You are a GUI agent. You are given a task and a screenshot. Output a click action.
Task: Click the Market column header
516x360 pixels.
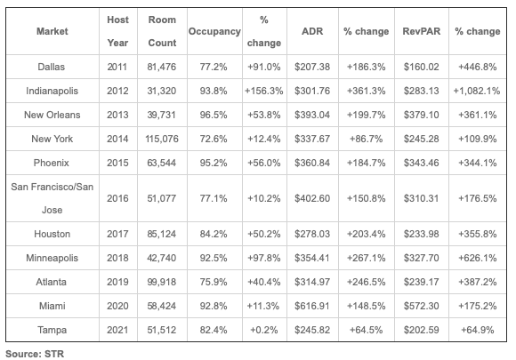[52, 31]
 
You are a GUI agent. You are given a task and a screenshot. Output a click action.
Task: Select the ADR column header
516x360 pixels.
[312, 31]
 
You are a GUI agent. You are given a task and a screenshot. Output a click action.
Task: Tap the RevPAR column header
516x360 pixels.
[421, 31]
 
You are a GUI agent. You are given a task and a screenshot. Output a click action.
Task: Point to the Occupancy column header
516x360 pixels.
[214, 32]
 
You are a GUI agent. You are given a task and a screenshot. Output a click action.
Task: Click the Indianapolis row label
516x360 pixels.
[52, 91]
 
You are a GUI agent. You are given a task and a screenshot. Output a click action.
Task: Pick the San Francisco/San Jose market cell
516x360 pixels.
[52, 198]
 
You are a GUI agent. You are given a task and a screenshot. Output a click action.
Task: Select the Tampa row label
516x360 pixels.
[52, 330]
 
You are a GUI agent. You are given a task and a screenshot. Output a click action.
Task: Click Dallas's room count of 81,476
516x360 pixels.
[162, 67]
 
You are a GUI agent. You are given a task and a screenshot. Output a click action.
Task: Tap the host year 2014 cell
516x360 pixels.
[117, 139]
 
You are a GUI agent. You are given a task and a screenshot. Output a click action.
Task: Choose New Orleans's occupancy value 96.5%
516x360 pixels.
[214, 115]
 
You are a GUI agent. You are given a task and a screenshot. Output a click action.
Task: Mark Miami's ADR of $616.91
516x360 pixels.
[312, 306]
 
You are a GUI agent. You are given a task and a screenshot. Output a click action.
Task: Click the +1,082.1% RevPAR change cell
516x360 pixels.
[477, 91]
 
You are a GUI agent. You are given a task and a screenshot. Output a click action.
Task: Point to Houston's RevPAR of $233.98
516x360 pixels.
[421, 234]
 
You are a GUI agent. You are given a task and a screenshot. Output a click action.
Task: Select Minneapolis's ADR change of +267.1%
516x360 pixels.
[366, 258]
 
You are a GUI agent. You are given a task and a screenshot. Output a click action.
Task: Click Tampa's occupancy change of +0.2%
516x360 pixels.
[264, 330]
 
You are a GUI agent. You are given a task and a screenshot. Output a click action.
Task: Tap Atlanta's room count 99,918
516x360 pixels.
[162, 282]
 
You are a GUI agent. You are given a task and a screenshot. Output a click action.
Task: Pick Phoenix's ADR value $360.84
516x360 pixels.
[312, 163]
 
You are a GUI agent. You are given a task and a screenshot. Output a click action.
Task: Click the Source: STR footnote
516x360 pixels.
[35, 354]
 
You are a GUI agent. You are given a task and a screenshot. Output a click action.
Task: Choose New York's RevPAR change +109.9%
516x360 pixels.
[478, 139]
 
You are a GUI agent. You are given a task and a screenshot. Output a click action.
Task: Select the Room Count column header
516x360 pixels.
[162, 31]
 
